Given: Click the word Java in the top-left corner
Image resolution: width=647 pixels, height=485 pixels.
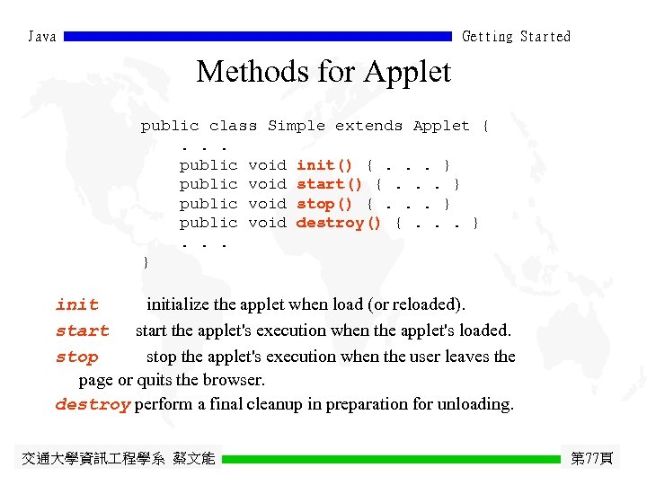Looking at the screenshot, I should tap(42, 37).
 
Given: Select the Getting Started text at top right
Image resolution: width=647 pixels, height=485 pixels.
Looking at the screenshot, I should tap(516, 37).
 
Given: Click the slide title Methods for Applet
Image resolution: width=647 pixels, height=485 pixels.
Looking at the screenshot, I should tap(323, 71).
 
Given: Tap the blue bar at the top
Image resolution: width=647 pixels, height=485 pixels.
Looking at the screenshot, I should tap(258, 37).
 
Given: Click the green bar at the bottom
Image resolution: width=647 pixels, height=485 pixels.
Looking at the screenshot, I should tap(391, 459).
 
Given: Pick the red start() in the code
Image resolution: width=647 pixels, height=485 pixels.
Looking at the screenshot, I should tap(329, 184).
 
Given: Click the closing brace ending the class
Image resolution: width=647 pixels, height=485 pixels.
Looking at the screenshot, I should tap(146, 262).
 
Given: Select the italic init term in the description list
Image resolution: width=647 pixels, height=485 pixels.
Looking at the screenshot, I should tap(77, 305).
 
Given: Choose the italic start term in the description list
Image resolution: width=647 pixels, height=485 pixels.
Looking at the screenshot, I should tap(82, 331).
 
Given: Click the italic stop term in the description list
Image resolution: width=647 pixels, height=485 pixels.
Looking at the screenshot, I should tap(77, 357).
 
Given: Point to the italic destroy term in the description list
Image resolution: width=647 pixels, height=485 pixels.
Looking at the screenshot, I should tap(93, 405).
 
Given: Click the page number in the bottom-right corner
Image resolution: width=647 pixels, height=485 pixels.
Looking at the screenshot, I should tap(592, 459).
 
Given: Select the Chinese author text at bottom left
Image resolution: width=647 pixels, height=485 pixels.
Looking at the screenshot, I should tap(119, 459).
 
